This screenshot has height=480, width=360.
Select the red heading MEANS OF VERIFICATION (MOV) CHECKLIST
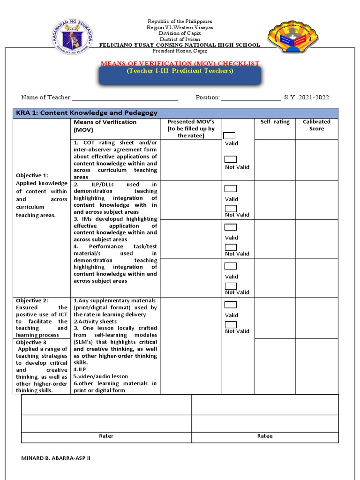[x=180, y=63]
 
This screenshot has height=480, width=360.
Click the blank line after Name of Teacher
[x=125, y=98]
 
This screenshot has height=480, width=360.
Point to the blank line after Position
[x=250, y=98]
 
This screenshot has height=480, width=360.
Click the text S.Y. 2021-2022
[x=306, y=97]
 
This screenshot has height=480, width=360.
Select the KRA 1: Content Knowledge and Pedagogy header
[x=87, y=113]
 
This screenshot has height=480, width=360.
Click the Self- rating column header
[x=275, y=122]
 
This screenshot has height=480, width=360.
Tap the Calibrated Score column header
[x=316, y=125]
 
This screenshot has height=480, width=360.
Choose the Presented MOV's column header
[x=191, y=128]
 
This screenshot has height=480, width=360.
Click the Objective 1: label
[x=30, y=175]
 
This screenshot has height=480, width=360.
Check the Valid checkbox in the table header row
[x=230, y=135]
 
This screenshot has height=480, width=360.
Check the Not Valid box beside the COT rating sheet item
[x=231, y=159]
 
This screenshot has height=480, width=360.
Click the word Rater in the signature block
[x=106, y=436]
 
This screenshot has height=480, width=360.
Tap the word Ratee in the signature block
[x=265, y=436]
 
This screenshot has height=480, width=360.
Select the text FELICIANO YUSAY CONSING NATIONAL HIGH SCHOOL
[x=180, y=45]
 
